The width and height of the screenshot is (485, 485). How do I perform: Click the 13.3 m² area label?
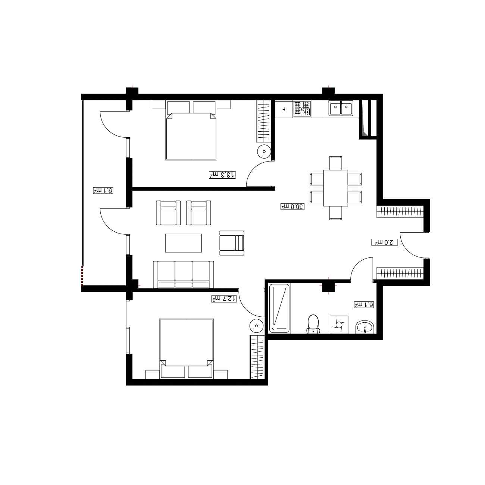click(x=222, y=175)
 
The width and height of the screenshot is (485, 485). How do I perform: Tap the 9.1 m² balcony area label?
click(x=103, y=190)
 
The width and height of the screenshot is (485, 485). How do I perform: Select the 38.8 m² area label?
click(x=292, y=206)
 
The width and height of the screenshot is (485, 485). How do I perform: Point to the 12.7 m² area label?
click(x=224, y=298)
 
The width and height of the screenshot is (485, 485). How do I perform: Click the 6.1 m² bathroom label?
click(x=364, y=304)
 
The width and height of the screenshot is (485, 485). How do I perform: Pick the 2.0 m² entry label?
click(x=385, y=242)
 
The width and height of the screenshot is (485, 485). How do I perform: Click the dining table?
click(x=335, y=188)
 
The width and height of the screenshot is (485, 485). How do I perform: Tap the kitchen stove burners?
click(x=302, y=109)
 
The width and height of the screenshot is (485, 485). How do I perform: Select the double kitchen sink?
click(x=341, y=108)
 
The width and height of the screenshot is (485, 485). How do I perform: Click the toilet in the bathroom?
click(x=313, y=324)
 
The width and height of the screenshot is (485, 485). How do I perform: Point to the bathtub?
click(x=279, y=308)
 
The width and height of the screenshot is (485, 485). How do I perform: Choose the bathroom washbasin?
click(x=365, y=328)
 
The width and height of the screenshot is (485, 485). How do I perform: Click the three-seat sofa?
click(x=183, y=274)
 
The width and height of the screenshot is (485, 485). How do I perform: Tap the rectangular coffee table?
click(x=183, y=243)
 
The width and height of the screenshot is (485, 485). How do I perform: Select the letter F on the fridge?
click(x=284, y=109)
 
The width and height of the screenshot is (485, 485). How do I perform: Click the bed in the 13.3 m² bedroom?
click(x=191, y=130)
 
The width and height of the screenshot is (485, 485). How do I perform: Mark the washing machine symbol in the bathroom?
click(x=339, y=325)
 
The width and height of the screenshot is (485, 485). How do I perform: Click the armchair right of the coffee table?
click(x=232, y=243)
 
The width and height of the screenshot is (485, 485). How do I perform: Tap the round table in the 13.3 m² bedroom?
click(x=264, y=151)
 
